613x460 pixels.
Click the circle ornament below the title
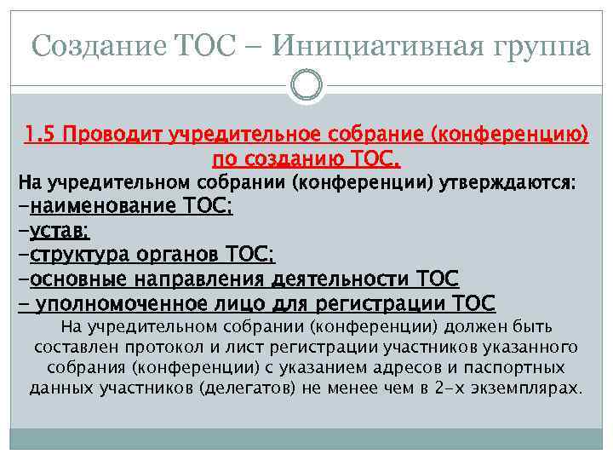306,85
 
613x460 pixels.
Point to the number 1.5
40,135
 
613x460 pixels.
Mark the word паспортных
518,368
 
